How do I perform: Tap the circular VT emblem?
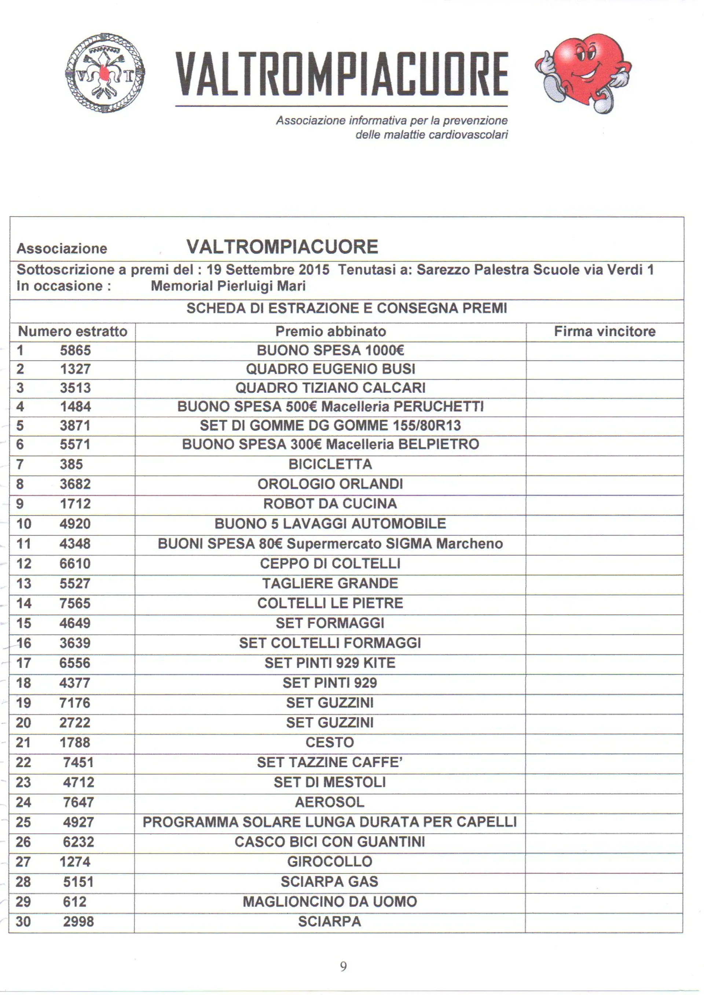pyautogui.click(x=104, y=73)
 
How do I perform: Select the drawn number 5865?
pyautogui.click(x=76, y=350)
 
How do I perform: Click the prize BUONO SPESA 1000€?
pyautogui.click(x=330, y=350)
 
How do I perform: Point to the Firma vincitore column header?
pyautogui.click(x=604, y=332)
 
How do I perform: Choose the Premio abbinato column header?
pyautogui.click(x=330, y=332)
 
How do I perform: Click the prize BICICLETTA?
pyautogui.click(x=330, y=464)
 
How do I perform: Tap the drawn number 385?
pyautogui.click(x=71, y=464)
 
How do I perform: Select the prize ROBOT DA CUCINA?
pyautogui.click(x=330, y=504)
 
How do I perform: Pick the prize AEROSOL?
pyautogui.click(x=330, y=802)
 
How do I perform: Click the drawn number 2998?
pyautogui.click(x=78, y=921)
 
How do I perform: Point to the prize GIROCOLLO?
pyautogui.click(x=330, y=862)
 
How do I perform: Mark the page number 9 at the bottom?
pyautogui.click(x=343, y=966)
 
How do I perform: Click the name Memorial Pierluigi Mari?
pyautogui.click(x=228, y=286)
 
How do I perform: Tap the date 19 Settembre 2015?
pyautogui.click(x=268, y=270)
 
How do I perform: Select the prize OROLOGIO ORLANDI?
pyautogui.click(x=330, y=484)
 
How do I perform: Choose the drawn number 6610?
pyautogui.click(x=75, y=563)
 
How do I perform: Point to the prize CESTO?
pyautogui.click(x=330, y=742)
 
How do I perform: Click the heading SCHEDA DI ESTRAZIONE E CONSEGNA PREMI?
pyautogui.click(x=346, y=308)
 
